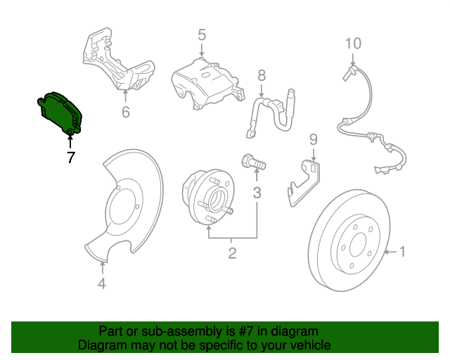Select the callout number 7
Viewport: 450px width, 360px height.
(x=70, y=157)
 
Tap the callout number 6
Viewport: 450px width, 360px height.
(x=125, y=112)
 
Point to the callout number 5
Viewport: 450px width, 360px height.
(x=201, y=34)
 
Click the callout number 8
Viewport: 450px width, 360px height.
(x=262, y=75)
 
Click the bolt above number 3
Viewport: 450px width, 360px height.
(x=254, y=162)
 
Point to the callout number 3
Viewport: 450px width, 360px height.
(x=257, y=191)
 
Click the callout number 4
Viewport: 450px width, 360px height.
(x=102, y=283)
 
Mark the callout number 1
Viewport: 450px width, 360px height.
(x=403, y=250)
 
